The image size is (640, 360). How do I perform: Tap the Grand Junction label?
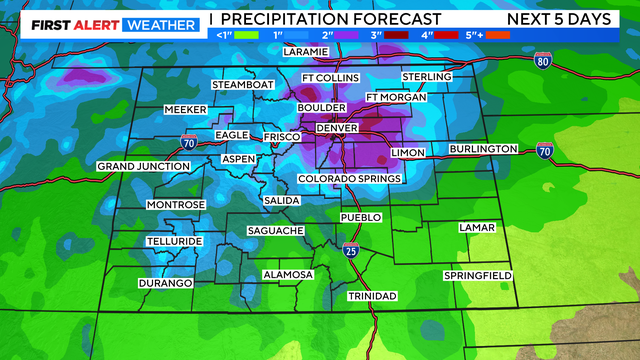point(143,166)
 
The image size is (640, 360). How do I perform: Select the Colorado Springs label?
point(349,179)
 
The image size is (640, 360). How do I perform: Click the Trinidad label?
point(371,296)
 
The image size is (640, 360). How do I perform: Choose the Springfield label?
point(478,275)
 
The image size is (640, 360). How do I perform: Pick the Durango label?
point(166,283)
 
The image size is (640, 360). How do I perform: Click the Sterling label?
point(427,77)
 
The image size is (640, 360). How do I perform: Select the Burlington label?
point(483,149)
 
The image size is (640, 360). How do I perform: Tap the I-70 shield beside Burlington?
point(544,152)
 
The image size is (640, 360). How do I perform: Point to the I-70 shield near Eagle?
point(188,142)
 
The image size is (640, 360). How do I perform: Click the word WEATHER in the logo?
point(160,19)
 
